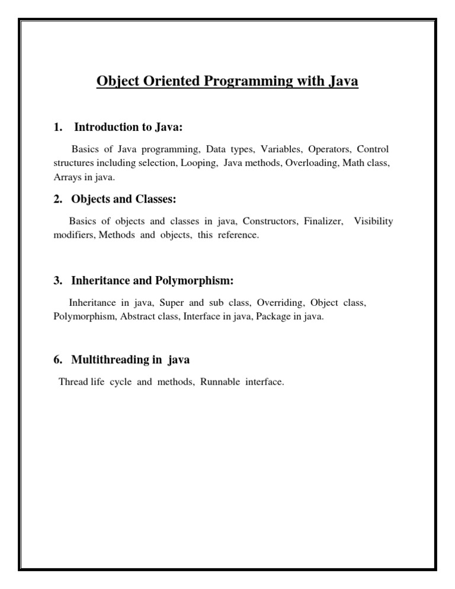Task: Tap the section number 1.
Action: point(57,126)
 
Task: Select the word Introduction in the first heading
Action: point(103,126)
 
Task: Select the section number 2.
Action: point(57,200)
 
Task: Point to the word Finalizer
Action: point(323,222)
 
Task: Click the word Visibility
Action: point(373,222)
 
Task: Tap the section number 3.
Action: point(57,280)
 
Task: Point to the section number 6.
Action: point(57,359)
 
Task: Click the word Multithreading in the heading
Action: point(108,359)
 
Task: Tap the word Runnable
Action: point(220,382)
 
